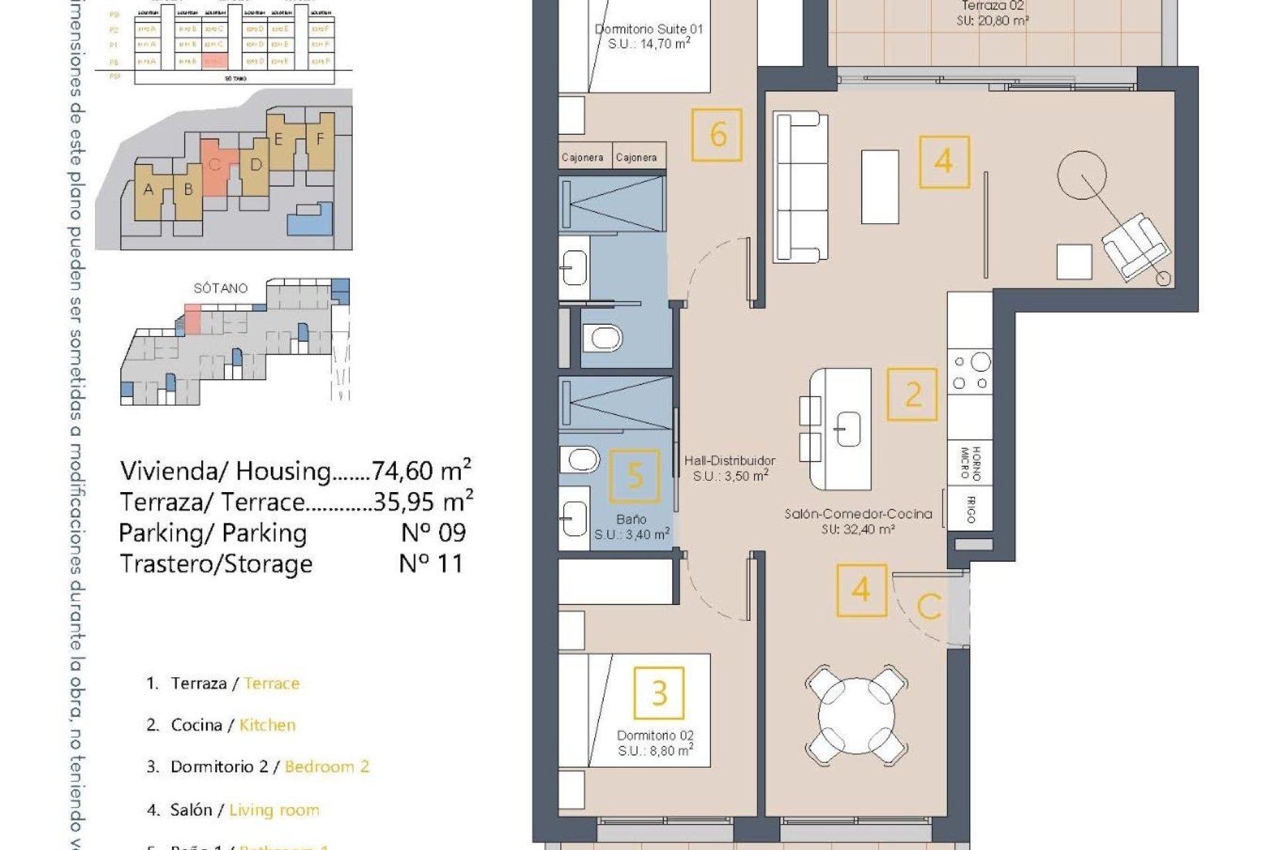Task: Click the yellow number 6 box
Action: tap(717, 135)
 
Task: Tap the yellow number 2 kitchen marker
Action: tap(912, 395)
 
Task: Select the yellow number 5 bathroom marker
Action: tap(634, 475)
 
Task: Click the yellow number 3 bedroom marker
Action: tap(659, 693)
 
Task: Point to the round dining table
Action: tap(856, 718)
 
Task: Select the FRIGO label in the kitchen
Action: tap(970, 509)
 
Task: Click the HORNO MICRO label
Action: tap(970, 463)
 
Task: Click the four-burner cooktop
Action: tap(970, 372)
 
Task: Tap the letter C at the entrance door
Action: tap(929, 606)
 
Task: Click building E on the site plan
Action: tap(278, 139)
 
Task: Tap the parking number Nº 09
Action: tap(434, 533)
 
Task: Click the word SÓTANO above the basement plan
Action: tap(220, 288)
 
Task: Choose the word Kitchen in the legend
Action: tap(267, 725)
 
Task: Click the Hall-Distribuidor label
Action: tap(730, 460)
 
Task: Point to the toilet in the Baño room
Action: tap(580, 458)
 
